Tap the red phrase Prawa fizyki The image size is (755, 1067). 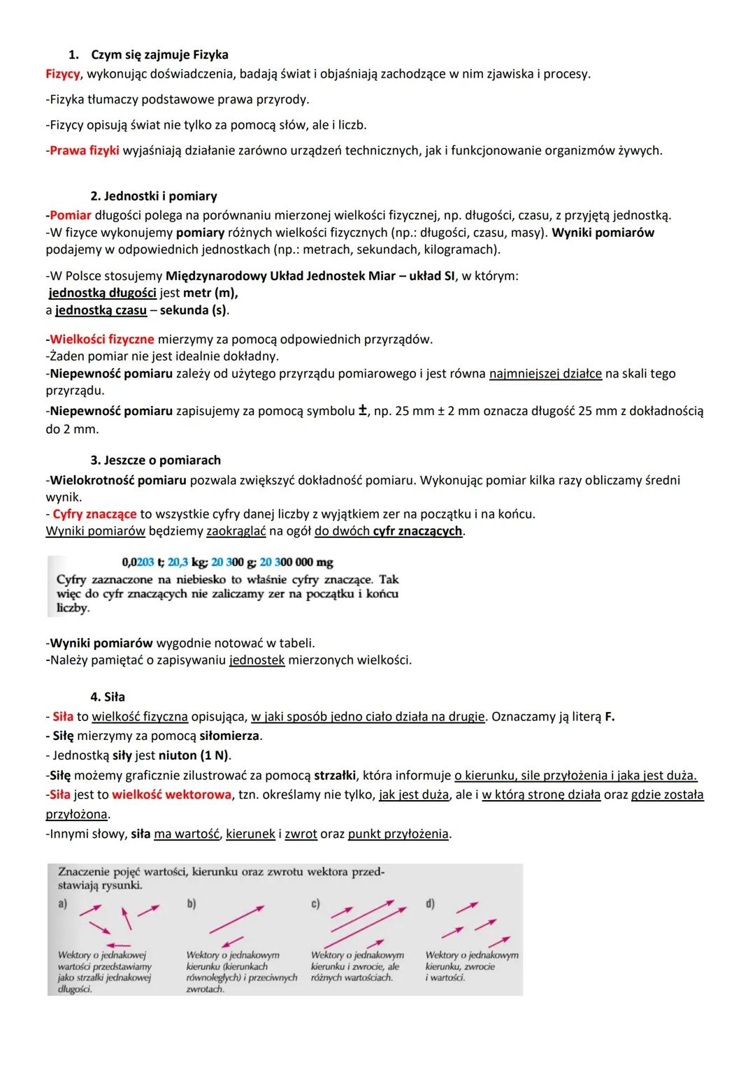tap(85, 150)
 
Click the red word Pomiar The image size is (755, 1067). tap(71, 215)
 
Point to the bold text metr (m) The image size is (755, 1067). tap(210, 293)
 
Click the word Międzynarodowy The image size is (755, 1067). tap(215, 276)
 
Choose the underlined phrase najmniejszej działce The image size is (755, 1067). tap(545, 374)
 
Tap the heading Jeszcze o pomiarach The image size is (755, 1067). tap(155, 460)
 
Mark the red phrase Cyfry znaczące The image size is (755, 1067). tap(95, 514)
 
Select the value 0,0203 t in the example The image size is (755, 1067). tap(143, 562)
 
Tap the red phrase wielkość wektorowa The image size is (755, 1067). tap(171, 795)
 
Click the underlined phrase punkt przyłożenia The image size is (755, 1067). tap(398, 834)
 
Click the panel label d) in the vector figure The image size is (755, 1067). tap(430, 904)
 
